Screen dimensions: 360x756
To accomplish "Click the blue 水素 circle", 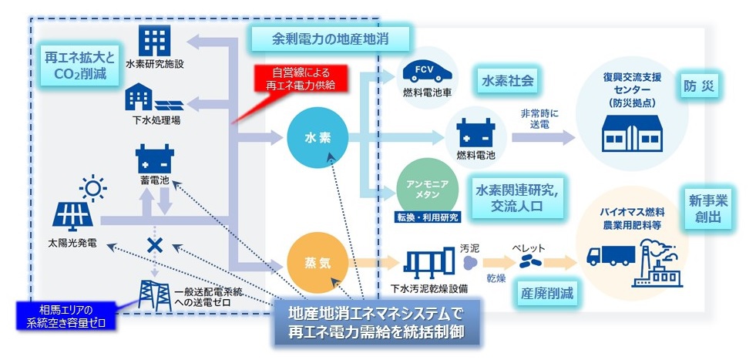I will click(x=318, y=138).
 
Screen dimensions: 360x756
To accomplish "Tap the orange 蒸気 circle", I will click(x=318, y=261).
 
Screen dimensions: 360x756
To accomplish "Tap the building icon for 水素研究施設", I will click(x=155, y=40).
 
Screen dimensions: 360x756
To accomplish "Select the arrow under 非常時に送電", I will click(x=543, y=137).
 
